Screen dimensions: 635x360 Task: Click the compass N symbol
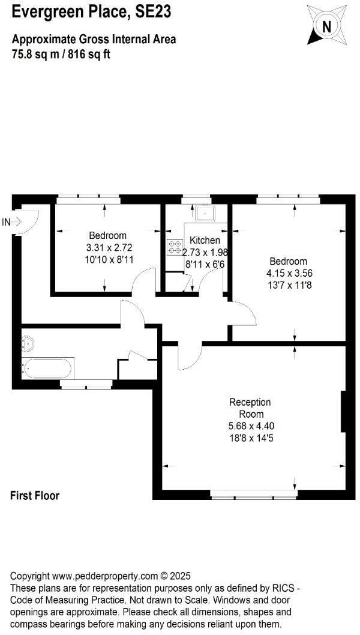[326, 26]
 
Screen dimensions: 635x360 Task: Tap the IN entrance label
[7, 222]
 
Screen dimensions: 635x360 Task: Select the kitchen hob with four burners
[175, 247]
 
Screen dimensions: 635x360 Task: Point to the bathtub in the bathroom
[48, 367]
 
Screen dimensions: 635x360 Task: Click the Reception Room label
[250, 408]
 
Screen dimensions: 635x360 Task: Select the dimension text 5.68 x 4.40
[250, 426]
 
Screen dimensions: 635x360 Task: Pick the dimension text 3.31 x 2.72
[108, 247]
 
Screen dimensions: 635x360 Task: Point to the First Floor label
[35, 496]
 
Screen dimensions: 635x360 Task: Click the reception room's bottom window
[254, 496]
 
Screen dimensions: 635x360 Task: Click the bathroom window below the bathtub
[86, 385]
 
